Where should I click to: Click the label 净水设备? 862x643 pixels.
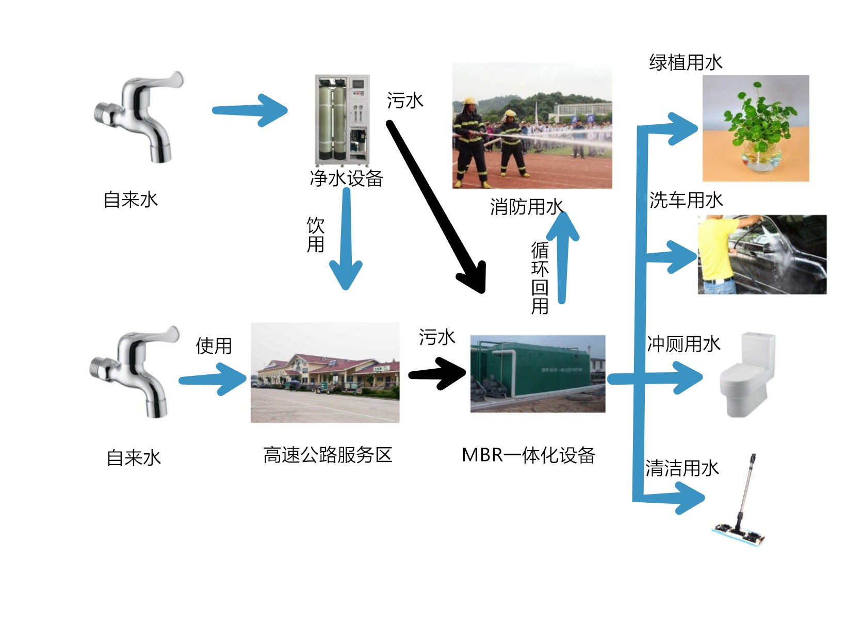[x=346, y=178]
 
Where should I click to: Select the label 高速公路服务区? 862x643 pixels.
[x=328, y=455]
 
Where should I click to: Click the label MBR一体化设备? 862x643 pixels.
[x=528, y=455]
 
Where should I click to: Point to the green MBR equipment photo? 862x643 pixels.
[x=538, y=374]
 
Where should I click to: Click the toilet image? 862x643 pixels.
[x=748, y=374]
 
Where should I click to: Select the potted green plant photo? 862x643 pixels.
[x=756, y=128]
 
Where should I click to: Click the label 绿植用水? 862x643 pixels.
[x=686, y=62]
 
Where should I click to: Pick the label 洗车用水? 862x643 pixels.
[x=686, y=200]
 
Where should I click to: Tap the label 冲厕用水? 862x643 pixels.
[x=684, y=344]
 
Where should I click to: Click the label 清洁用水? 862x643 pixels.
[x=682, y=468]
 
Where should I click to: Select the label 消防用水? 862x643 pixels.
[x=527, y=207]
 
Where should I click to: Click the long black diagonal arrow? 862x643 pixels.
[x=436, y=206]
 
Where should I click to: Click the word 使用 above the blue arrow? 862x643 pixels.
[x=214, y=346]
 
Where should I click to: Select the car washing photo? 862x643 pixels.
[x=762, y=255]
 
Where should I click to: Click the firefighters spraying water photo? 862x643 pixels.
[x=532, y=126]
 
